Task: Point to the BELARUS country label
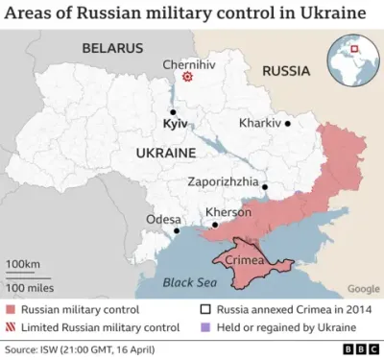112,48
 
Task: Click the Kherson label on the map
228,212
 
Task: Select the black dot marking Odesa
177,231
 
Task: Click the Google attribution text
363,288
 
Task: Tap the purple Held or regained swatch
205,326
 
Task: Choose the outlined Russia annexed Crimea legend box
205,309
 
